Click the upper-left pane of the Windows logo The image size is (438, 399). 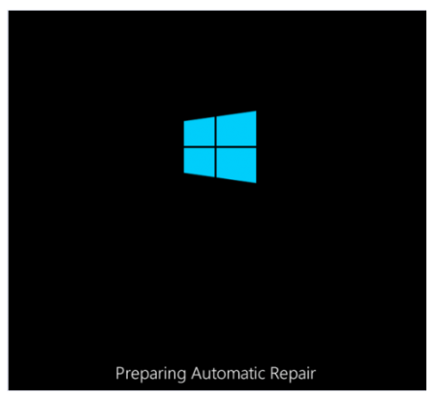200,132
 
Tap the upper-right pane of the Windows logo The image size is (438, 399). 236,129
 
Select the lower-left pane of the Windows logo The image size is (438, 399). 200,162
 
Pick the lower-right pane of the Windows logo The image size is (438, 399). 236,165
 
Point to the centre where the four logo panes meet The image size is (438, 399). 215,147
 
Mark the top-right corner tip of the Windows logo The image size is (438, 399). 256,111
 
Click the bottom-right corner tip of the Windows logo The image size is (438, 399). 256,183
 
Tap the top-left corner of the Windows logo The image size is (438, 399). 184,121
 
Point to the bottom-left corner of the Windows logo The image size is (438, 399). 184,173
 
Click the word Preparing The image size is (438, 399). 151,374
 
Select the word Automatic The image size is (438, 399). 229,373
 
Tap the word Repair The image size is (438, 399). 293,374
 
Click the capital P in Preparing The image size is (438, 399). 120,373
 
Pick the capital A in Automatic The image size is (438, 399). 197,373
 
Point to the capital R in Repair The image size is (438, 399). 275,373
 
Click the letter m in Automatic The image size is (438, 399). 232,376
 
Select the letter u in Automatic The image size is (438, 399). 207,376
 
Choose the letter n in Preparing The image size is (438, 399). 172,376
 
